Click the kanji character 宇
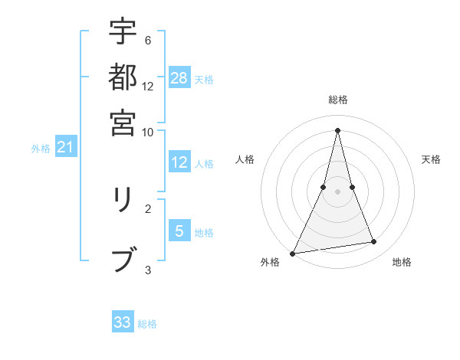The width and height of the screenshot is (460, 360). click(123, 32)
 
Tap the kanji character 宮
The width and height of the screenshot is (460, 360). click(123, 122)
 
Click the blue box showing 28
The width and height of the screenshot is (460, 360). click(179, 78)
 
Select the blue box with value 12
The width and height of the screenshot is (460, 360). click(179, 162)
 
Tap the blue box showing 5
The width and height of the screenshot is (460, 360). click(179, 231)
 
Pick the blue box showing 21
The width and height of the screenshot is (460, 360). click(64, 147)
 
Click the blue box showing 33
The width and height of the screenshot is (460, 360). click(123, 322)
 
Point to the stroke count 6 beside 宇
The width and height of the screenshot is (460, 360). click(147, 40)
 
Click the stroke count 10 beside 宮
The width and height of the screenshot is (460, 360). click(147, 132)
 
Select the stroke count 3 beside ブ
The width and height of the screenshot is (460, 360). click(147, 270)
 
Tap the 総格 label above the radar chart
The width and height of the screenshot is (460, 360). click(338, 100)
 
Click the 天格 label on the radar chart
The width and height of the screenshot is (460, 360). click(432, 159)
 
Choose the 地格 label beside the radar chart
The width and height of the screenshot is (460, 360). click(402, 262)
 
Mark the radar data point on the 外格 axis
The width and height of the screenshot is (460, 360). click(293, 254)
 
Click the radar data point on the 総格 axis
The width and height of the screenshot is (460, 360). click(338, 130)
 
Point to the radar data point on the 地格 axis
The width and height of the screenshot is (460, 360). click(374, 242)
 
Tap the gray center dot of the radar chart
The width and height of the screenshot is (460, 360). click(338, 192)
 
